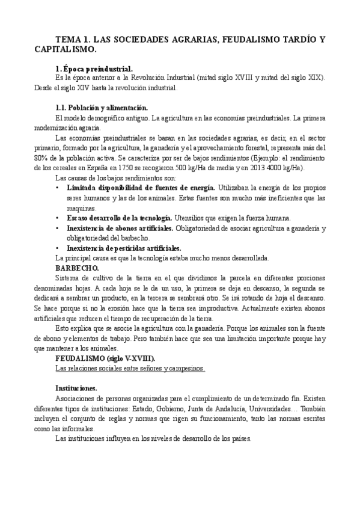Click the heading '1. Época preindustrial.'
click(x=94, y=69)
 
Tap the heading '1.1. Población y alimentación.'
click(x=97, y=108)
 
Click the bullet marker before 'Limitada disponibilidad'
click(x=57, y=188)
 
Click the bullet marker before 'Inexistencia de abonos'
click(x=57, y=227)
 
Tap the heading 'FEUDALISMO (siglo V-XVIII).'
click(x=105, y=358)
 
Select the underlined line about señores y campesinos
click(x=130, y=367)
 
